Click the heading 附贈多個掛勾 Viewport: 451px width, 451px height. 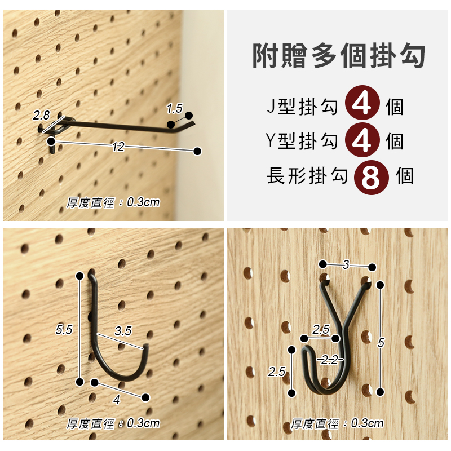tap(339, 55)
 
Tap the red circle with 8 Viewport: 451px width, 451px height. tap(371, 178)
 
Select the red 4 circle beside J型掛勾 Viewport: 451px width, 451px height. tap(362, 103)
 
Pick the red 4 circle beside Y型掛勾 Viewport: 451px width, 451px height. tap(362, 140)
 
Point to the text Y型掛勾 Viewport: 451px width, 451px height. tap(302, 141)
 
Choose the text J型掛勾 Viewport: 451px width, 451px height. tap(302, 107)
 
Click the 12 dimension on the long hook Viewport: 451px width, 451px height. tap(118, 147)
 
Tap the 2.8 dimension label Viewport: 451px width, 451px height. tap(41, 116)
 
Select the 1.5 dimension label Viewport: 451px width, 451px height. tap(175, 108)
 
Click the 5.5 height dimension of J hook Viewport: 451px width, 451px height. tap(64, 330)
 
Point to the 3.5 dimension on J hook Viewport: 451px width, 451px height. tap(123, 331)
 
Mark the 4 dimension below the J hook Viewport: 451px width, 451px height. tap(116, 400)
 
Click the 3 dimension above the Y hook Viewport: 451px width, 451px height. tap(346, 264)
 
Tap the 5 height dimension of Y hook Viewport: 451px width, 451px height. tap(381, 343)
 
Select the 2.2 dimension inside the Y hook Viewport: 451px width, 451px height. tap(329, 360)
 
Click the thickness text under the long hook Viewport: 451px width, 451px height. tap(113, 203)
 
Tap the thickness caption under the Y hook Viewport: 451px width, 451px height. tap(337, 424)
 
